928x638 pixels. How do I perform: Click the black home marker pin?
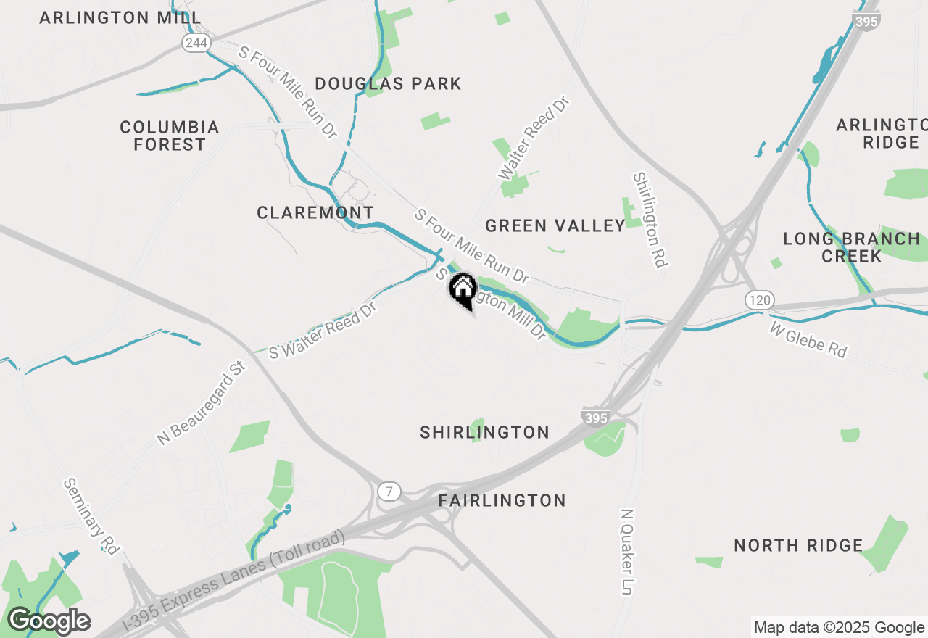point(463,290)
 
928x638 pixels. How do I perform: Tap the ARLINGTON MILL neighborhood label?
point(120,17)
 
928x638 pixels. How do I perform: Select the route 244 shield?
point(196,43)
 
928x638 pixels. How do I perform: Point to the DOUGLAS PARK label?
point(388,84)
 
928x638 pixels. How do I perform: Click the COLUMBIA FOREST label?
point(170,136)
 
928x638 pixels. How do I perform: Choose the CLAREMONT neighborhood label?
point(315,212)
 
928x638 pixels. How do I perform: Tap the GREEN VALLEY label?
point(555,225)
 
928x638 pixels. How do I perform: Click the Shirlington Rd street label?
point(650,220)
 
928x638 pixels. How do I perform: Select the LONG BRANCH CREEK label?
point(852,247)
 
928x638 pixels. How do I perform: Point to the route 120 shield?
point(759,299)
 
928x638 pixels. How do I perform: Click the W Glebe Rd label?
point(808,340)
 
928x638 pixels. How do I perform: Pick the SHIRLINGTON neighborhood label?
point(484,432)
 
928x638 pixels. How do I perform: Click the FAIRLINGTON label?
point(502,500)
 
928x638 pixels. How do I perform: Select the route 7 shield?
point(389,492)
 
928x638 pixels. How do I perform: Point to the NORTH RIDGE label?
point(798,545)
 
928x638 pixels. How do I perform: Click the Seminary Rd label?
point(91,516)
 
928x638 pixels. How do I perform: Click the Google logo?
point(49,621)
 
